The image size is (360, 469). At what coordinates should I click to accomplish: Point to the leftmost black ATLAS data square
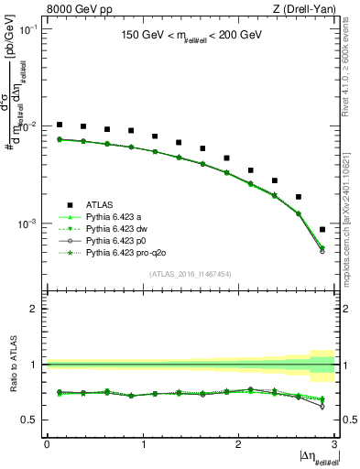[x=60, y=125]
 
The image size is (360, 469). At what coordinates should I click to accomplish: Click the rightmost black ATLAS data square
[x=322, y=230]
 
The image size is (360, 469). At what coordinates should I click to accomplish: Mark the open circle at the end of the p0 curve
[x=322, y=250]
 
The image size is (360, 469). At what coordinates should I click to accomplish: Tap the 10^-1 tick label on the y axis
[x=31, y=29]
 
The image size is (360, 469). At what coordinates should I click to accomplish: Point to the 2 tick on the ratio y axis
[x=37, y=309]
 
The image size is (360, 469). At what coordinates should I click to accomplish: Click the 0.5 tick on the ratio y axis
[x=33, y=420]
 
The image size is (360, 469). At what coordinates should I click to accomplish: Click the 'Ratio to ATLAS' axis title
[x=11, y=365]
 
